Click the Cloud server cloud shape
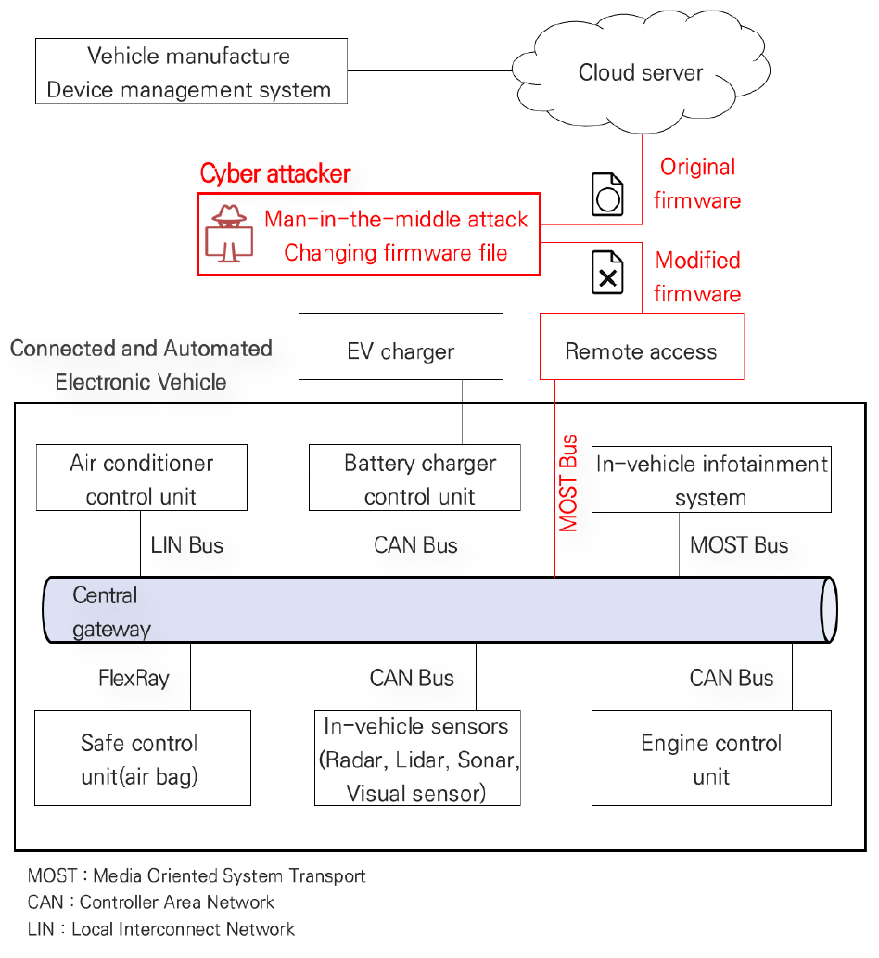tap(641, 72)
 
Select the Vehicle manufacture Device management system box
tap(190, 71)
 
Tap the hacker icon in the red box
tap(226, 234)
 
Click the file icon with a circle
tap(608, 194)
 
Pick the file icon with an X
tap(608, 273)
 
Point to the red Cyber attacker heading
tap(275, 173)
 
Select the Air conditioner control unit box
tap(142, 478)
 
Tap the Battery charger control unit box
tap(420, 479)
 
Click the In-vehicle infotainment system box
tap(711, 479)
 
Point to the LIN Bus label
tap(187, 545)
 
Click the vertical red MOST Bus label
tap(568, 482)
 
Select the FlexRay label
tap(134, 679)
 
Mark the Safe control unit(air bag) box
tap(142, 758)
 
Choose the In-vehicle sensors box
tap(417, 758)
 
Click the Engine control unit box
tap(711, 758)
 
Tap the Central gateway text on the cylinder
tap(110, 611)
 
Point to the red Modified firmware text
tap(697, 276)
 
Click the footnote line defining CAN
tap(151, 902)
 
